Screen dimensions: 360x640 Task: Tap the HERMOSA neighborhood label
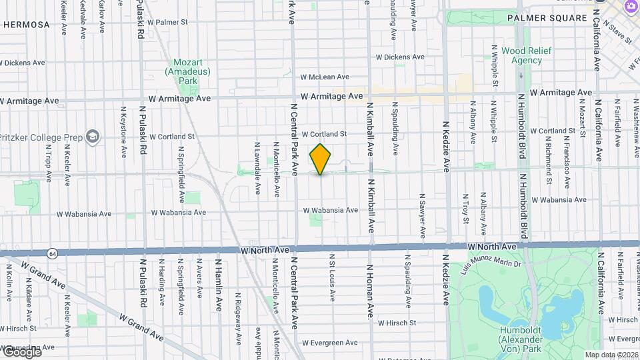pos(27,25)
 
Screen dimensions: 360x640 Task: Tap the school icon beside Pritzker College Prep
pos(92,137)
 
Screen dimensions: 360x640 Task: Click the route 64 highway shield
pos(52,253)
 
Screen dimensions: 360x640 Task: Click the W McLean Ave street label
pos(325,77)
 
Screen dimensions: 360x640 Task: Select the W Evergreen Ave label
pos(329,343)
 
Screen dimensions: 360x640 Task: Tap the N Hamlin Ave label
pos(219,286)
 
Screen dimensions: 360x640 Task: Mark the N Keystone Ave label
pos(123,131)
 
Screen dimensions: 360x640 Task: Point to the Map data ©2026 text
pos(612,355)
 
